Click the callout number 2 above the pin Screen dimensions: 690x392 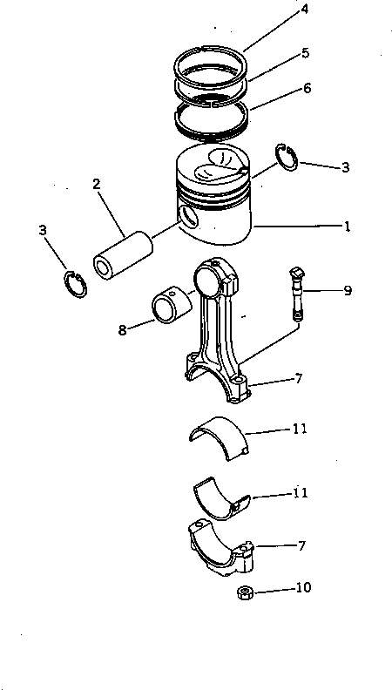pos(97,184)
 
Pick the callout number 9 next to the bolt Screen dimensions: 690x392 pos(347,290)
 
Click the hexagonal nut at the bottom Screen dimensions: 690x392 pos(246,593)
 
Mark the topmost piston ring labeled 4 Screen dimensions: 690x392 pos(213,61)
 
